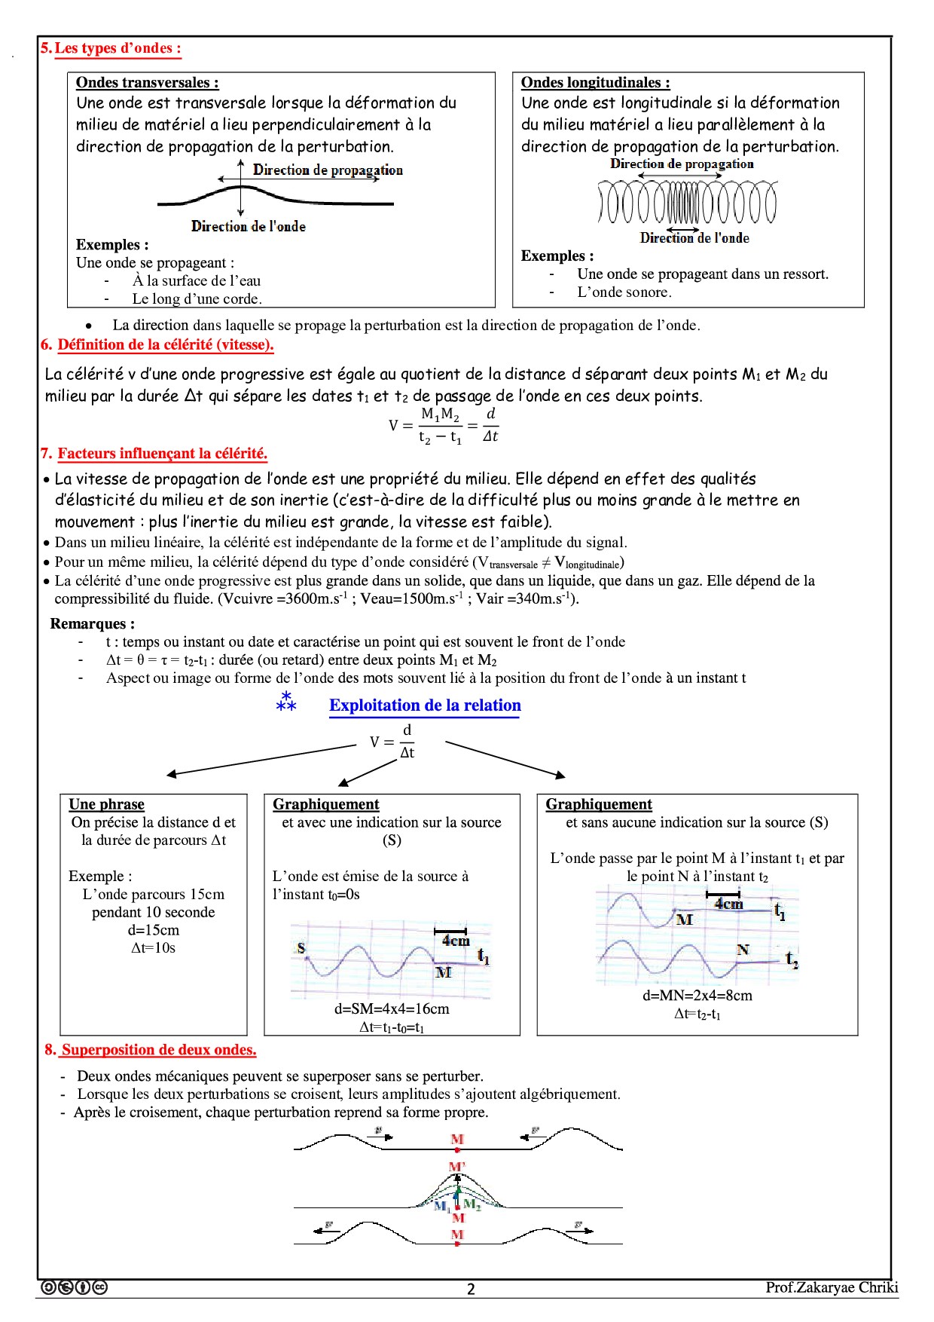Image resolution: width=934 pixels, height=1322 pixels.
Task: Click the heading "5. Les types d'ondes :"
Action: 111,48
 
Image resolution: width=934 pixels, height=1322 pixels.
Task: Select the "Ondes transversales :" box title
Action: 148,83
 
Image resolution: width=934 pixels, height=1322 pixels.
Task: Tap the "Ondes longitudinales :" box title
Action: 595,83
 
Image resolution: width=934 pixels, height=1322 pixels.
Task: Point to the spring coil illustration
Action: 687,203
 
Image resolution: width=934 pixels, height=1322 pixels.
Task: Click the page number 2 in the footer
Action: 471,1289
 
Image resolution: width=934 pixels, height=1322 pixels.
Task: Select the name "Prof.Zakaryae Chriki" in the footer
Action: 832,1287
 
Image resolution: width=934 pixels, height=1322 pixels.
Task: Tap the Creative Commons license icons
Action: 74,1287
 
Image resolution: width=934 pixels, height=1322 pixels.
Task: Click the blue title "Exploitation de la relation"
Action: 425,705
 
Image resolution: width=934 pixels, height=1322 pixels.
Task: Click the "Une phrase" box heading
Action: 106,804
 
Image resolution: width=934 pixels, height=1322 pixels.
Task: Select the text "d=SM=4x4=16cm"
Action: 392,1008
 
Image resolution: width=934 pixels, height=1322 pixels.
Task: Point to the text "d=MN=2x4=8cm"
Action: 697,995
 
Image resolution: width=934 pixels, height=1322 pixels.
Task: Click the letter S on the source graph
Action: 301,947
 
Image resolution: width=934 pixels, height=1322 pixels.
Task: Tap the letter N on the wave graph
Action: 743,950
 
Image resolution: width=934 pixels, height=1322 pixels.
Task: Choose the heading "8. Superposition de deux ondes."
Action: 157,1050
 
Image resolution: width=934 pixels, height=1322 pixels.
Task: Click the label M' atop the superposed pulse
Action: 457,1167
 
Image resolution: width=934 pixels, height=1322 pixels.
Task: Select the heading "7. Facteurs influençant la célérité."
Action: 161,454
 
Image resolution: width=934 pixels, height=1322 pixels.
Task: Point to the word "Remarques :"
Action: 93,624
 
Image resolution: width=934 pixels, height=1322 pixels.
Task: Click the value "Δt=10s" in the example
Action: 154,948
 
